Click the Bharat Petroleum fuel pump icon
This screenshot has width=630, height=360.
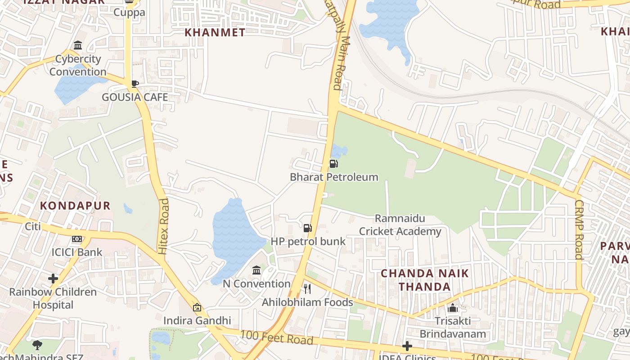click(x=333, y=164)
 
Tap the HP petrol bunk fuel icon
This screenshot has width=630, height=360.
click(x=308, y=228)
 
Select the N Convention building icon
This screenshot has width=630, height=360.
click(x=256, y=270)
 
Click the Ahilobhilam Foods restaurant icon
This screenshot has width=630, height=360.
click(x=307, y=288)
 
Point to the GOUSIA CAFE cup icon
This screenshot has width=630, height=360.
click(x=135, y=84)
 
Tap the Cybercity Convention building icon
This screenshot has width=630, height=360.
click(x=78, y=45)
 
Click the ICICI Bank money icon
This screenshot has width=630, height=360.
click(x=77, y=239)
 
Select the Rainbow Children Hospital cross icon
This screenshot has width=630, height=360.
click(x=53, y=279)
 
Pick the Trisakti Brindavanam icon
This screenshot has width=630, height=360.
click(x=453, y=308)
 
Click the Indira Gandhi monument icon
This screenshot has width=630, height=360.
click(x=197, y=307)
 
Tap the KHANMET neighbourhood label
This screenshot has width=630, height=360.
click(x=216, y=32)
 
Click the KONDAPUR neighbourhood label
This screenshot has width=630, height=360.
click(x=75, y=206)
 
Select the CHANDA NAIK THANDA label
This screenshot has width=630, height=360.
click(x=425, y=280)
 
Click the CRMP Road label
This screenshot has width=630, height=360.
click(x=579, y=229)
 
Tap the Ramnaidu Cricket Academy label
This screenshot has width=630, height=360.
click(x=400, y=225)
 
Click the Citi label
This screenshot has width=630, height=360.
click(x=33, y=226)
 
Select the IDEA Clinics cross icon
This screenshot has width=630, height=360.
click(x=407, y=346)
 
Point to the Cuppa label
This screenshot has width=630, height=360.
click(x=129, y=12)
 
